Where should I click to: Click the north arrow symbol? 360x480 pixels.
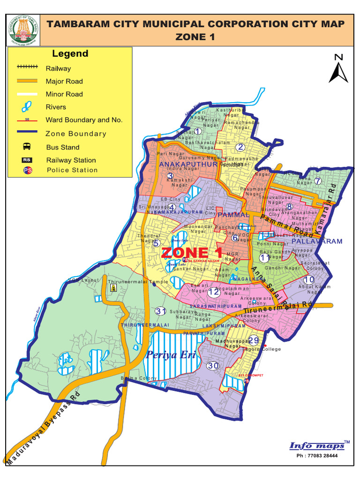tap(338, 69)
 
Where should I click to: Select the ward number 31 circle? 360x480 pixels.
tap(161, 311)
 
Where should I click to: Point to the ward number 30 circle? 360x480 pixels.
tap(213, 366)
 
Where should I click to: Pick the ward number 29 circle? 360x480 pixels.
tap(253, 340)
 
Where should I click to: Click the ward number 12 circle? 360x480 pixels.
tap(214, 292)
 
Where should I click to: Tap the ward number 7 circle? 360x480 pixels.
tap(317, 181)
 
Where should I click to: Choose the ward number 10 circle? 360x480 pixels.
tap(309, 279)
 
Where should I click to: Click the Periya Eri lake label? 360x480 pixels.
tap(167, 354)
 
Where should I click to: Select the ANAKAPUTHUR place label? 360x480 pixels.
tap(188, 164)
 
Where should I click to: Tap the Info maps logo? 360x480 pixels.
tap(318, 445)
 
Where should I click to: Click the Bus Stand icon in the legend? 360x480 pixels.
tap(27, 147)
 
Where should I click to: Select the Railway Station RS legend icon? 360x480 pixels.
tap(27, 160)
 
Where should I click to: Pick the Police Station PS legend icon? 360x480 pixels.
tap(27, 170)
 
